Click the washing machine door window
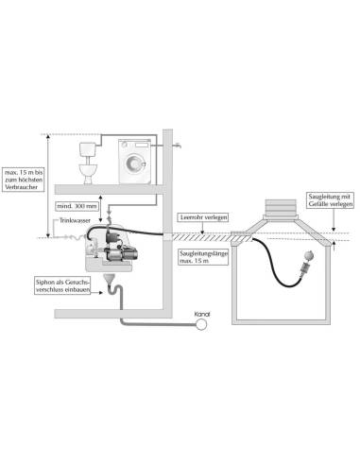click(x=134, y=164)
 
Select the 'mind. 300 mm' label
click(x=77, y=206)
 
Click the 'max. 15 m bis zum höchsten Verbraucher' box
click(x=23, y=180)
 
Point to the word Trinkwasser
click(x=75, y=220)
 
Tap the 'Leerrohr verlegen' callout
click(x=203, y=217)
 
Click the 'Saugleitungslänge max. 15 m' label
click(x=203, y=257)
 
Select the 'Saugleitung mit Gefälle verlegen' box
click(x=330, y=200)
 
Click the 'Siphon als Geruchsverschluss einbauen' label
click(x=62, y=285)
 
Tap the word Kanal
click(x=202, y=314)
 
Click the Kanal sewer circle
click(x=201, y=324)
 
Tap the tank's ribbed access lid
click(x=281, y=208)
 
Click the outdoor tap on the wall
click(x=178, y=146)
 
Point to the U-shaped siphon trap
click(x=115, y=290)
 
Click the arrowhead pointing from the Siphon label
click(x=101, y=293)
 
